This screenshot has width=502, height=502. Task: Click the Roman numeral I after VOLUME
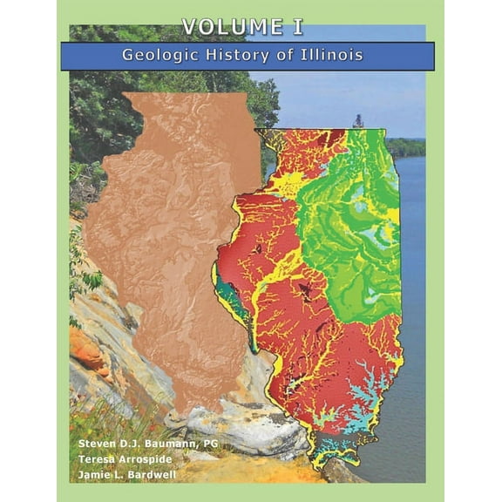pos(298,27)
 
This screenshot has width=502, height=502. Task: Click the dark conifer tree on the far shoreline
pos(358,121)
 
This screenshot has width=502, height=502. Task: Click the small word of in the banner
pos(292,55)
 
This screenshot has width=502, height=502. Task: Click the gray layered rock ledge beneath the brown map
pos(235,427)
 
